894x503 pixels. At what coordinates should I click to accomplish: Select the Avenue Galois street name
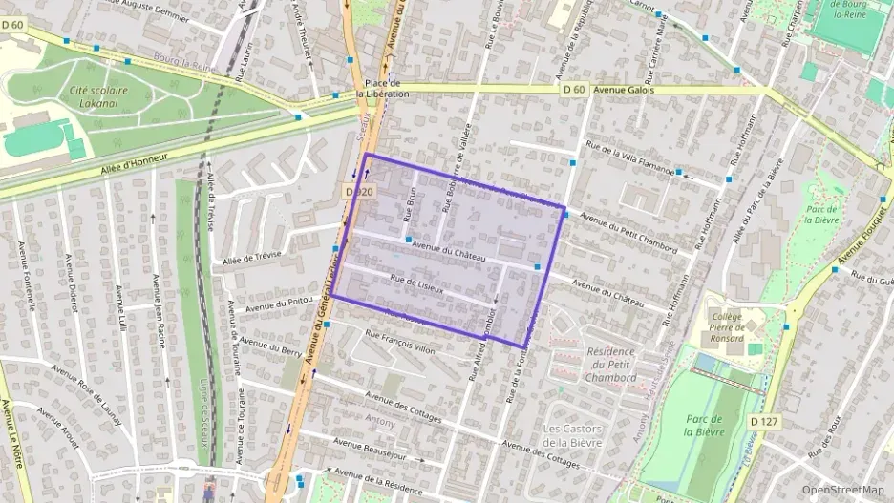(623, 90)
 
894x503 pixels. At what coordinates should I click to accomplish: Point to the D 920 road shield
(357, 192)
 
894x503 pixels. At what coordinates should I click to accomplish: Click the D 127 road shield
(762, 420)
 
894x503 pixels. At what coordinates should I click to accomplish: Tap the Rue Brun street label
(411, 202)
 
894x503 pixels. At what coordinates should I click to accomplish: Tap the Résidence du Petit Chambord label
(609, 364)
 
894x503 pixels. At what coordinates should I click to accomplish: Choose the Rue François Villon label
(399, 342)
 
